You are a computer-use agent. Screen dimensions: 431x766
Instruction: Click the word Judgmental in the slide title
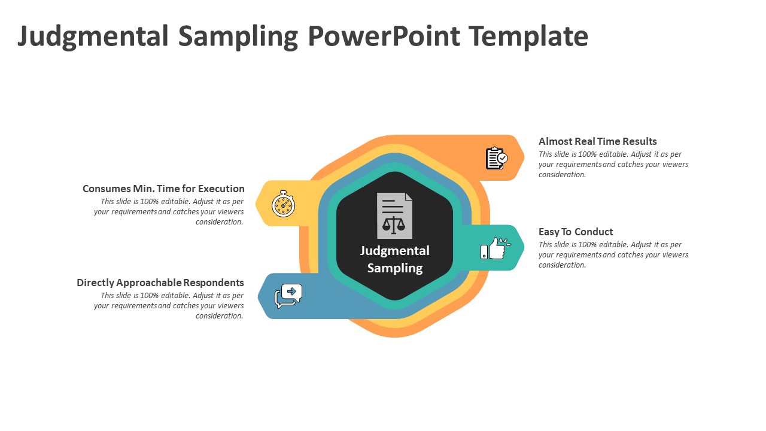tap(93, 37)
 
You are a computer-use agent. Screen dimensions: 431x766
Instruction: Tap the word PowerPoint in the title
tap(384, 37)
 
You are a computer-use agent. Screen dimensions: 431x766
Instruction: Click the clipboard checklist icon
tap(496, 158)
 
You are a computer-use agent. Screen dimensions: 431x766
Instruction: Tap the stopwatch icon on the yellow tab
tap(283, 204)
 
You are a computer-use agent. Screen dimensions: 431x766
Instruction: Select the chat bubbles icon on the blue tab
tap(288, 296)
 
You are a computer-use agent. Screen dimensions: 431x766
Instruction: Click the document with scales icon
tap(394, 215)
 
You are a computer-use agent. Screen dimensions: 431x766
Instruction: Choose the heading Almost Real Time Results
tap(597, 141)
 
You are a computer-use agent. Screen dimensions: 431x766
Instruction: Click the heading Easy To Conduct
tap(576, 232)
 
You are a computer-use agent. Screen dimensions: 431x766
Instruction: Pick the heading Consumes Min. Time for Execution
tap(163, 189)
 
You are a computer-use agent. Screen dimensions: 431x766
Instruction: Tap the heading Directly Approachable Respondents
tap(160, 283)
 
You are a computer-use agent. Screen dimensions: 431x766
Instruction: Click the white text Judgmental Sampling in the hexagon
tap(395, 259)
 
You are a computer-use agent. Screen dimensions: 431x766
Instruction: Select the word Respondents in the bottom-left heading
tap(214, 283)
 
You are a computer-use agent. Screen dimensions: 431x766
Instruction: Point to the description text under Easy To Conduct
tap(613, 254)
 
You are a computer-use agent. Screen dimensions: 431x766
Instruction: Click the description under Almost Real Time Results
tap(613, 164)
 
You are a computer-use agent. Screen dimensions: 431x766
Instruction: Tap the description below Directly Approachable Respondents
tap(169, 305)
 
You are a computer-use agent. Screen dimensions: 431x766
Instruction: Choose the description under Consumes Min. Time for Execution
tap(169, 211)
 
